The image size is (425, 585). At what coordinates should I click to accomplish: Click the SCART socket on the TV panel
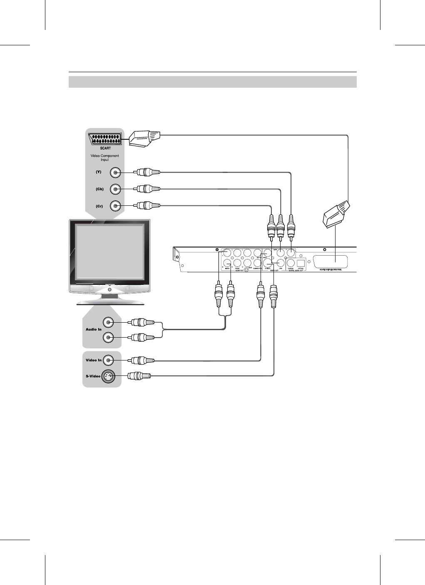(104, 138)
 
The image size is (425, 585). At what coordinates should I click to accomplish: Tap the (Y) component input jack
(115, 172)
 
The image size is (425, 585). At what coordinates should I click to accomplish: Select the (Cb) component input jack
(115, 189)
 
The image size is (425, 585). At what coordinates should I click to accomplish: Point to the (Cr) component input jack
(115, 206)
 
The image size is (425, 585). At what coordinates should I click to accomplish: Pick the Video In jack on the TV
(109, 360)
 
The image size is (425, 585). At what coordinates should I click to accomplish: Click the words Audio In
(94, 329)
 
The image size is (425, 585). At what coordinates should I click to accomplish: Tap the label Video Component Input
(104, 158)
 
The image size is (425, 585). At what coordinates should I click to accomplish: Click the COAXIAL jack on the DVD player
(291, 263)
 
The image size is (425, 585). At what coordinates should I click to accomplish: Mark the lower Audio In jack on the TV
(109, 337)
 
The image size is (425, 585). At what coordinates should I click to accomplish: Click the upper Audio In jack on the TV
(109, 321)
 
